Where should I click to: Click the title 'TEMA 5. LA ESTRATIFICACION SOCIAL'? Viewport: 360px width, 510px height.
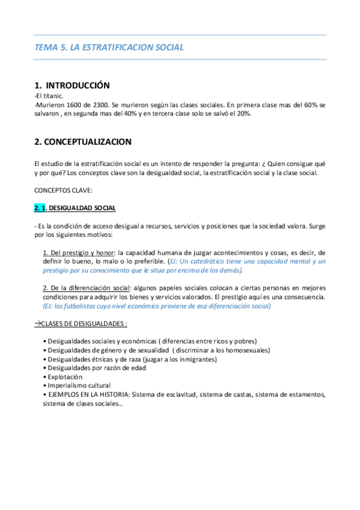pyautogui.click(x=109, y=47)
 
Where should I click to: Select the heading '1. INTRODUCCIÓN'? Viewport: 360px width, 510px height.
pyautogui.click(x=72, y=85)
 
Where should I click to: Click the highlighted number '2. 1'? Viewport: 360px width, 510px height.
pyautogui.click(x=40, y=208)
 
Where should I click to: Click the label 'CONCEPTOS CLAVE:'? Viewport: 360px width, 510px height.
pyautogui.click(x=63, y=191)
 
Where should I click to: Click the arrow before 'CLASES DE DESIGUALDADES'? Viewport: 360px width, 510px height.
pyautogui.click(x=38, y=324)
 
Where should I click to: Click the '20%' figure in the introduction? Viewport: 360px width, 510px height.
pyautogui.click(x=243, y=114)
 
